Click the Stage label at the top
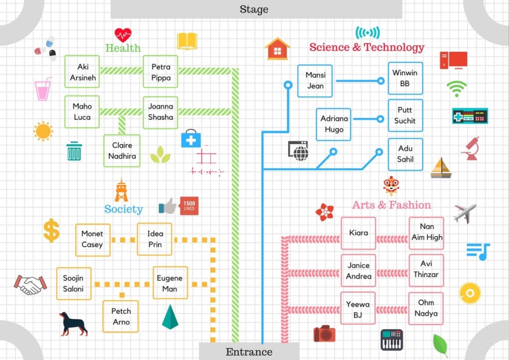[254, 9]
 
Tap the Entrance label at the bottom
[249, 352]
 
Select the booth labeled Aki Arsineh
[82, 72]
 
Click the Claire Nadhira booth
[122, 151]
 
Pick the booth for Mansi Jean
[315, 81]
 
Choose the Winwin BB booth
[405, 78]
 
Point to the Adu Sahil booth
[405, 154]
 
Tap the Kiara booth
[358, 233]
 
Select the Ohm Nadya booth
[426, 308]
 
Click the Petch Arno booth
[121, 316]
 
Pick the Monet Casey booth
[92, 239]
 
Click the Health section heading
[123, 48]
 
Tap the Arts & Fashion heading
[391, 205]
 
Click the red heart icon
[123, 35]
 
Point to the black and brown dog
[73, 323]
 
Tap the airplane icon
[465, 213]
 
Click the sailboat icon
[440, 168]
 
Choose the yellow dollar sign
[51, 230]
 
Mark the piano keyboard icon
[392, 340]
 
